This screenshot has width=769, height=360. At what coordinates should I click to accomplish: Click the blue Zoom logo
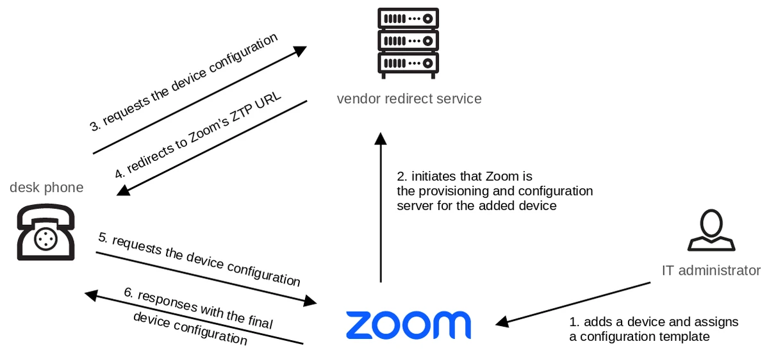tap(408, 325)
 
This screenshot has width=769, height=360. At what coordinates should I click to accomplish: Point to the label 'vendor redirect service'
tap(409, 99)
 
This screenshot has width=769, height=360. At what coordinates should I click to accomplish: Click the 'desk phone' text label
tap(46, 187)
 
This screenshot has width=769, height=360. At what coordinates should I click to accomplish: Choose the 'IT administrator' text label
tap(711, 270)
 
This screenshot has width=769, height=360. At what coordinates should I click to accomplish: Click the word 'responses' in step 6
tap(167, 303)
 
